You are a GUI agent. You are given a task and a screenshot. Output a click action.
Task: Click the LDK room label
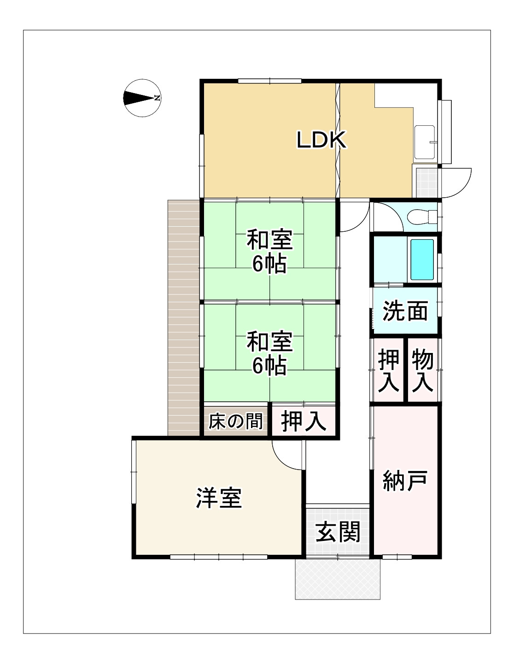[321, 140]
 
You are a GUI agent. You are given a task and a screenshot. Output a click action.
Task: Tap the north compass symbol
[142, 98]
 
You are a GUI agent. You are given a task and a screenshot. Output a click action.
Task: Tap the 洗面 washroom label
[405, 311]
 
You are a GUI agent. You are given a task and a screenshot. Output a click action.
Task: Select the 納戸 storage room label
[405, 481]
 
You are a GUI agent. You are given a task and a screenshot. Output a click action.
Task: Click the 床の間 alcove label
[236, 421]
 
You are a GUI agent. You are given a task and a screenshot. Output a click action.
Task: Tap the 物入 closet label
[422, 370]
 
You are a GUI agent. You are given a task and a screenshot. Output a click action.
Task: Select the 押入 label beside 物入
[388, 370]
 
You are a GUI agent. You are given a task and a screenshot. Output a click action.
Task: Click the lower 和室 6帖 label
[269, 353]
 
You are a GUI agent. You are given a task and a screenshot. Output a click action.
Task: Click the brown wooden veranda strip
[183, 318]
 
